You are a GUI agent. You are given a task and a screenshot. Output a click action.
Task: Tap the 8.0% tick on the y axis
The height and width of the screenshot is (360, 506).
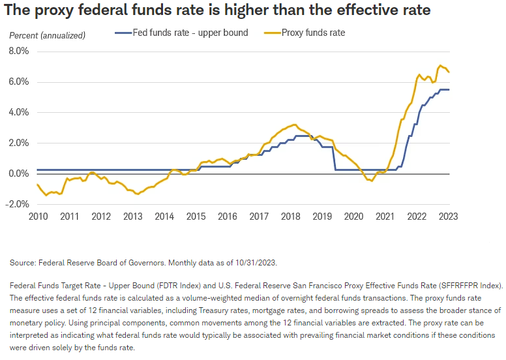click(20, 51)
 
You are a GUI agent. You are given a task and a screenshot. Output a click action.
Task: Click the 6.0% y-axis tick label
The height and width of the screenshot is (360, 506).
click(20, 82)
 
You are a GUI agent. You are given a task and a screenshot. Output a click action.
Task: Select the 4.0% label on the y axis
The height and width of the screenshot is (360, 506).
click(20, 112)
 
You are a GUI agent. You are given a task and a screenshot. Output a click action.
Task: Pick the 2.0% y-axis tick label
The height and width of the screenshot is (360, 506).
click(20, 143)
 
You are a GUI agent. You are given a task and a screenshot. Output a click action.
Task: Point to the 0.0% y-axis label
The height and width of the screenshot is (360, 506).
click(20, 173)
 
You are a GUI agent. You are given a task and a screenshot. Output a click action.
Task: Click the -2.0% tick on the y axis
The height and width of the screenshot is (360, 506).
click(18, 204)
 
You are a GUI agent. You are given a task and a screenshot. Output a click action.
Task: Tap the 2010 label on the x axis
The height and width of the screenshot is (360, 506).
click(37, 217)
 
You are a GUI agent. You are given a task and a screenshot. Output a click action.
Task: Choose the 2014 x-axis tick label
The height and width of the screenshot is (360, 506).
click(164, 217)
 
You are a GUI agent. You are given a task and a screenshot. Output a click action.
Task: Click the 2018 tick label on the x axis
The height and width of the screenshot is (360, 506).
click(290, 217)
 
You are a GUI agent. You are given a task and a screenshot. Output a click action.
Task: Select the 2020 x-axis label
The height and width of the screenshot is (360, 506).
click(353, 217)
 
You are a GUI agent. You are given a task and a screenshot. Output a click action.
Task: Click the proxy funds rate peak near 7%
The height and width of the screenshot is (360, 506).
click(440, 66)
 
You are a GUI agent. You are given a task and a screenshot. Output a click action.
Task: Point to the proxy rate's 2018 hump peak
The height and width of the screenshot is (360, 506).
click(295, 125)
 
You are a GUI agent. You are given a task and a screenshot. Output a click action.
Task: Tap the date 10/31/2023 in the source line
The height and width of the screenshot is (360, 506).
click(256, 263)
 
